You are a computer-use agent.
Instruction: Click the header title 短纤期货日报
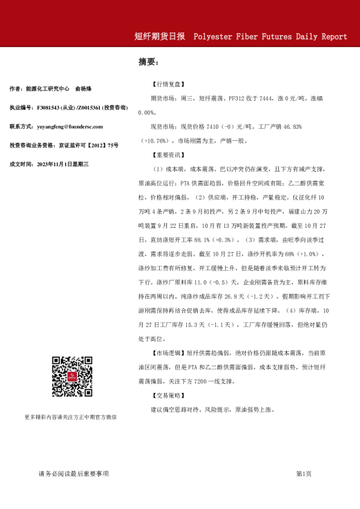coord(160,36)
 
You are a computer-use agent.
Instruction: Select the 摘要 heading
coord(148,62)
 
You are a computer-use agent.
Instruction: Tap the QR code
coord(71,377)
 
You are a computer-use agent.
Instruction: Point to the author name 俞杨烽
coord(91,89)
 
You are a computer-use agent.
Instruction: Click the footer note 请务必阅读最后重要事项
coord(73,473)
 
